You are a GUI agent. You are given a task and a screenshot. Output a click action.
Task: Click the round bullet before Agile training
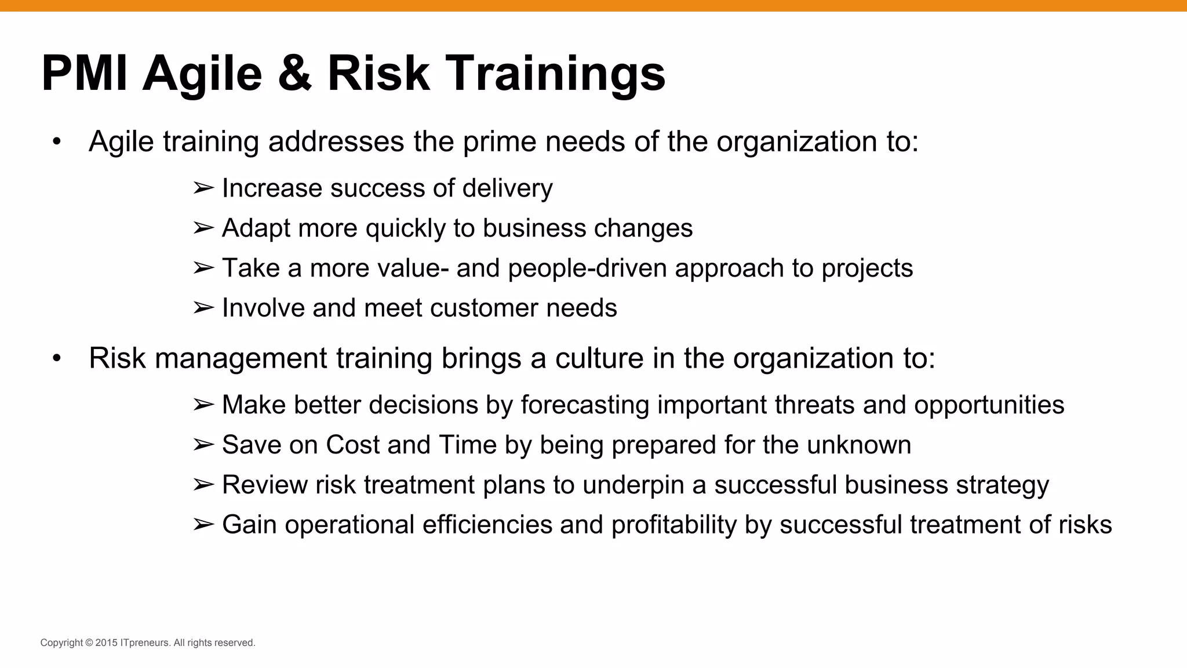[56, 142]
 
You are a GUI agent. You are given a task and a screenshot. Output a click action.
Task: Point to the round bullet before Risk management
[56, 358]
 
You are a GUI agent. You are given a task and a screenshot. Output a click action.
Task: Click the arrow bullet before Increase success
[203, 188]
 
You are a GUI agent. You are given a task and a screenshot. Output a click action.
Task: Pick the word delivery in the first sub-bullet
[507, 188]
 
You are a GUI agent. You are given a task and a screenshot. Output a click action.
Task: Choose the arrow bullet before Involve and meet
[203, 308]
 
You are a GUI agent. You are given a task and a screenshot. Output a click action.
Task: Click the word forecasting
[585, 405]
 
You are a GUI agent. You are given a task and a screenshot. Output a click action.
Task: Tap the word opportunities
[989, 405]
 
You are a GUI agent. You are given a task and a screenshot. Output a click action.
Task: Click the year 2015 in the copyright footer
[106, 642]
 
